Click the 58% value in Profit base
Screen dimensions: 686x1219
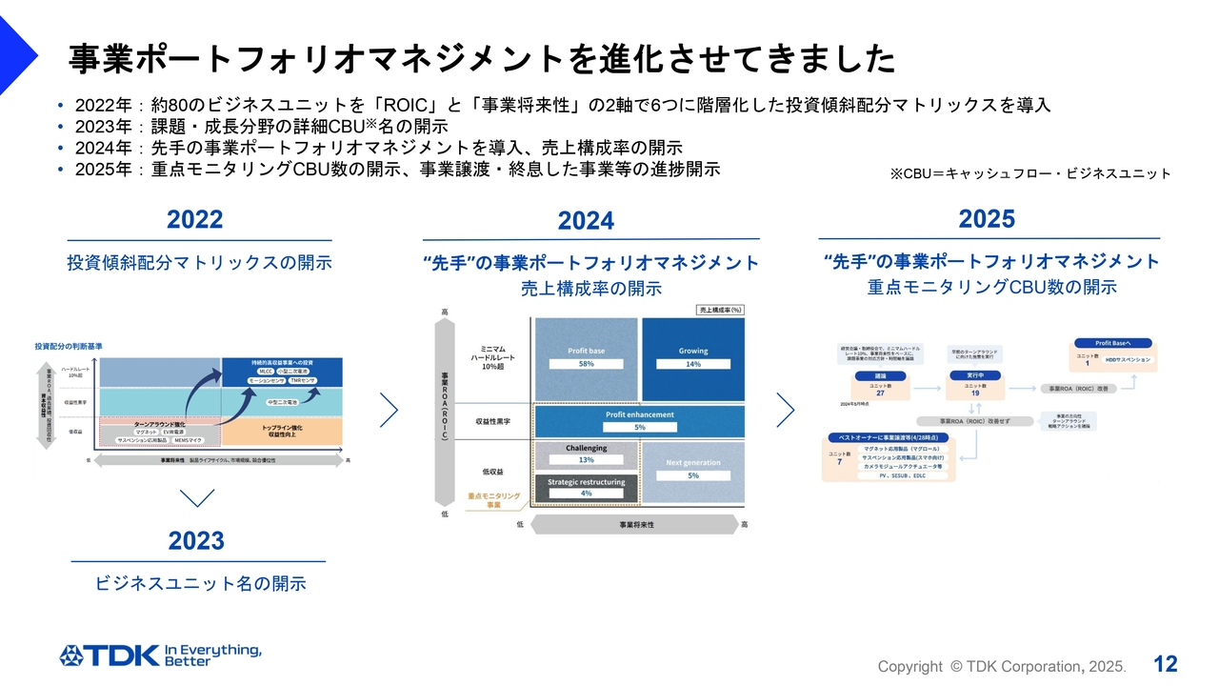point(587,364)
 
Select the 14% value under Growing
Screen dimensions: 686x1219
point(693,364)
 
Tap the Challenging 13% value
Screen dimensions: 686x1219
point(587,460)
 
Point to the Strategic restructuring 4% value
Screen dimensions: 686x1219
point(587,493)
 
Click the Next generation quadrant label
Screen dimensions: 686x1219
point(693,463)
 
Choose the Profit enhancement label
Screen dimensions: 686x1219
point(640,414)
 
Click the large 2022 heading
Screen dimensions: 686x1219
point(194,220)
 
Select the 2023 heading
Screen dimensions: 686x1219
point(196,541)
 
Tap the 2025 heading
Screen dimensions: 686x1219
point(987,219)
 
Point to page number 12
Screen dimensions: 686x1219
point(1166,664)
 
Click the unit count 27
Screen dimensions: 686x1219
point(880,393)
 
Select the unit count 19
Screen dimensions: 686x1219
point(974,393)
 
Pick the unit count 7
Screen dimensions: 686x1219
point(839,462)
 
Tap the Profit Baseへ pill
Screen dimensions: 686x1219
point(1112,343)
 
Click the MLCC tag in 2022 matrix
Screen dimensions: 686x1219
point(266,371)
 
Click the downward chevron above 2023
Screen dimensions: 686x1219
point(196,497)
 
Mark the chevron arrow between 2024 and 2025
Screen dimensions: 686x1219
point(785,410)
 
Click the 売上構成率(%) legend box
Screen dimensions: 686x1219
point(720,310)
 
